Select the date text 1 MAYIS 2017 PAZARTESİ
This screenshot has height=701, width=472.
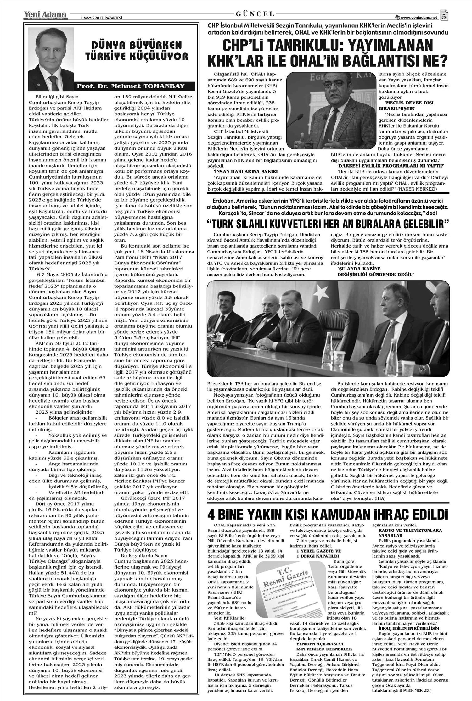click(97, 18)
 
